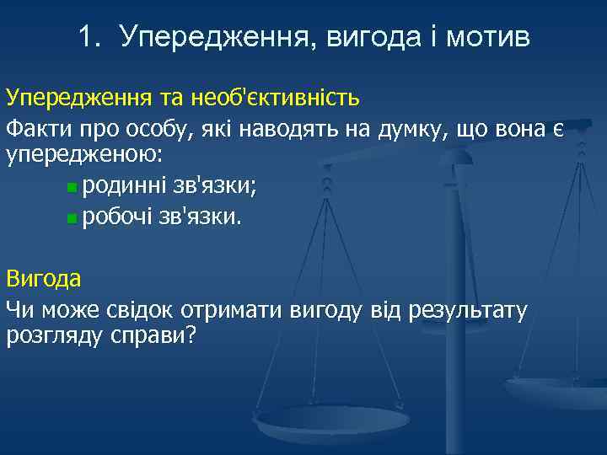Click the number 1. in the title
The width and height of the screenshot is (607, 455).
point(90,36)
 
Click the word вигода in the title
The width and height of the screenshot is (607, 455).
point(369,38)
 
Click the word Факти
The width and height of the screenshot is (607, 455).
point(33,131)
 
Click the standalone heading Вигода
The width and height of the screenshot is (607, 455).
point(44,279)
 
